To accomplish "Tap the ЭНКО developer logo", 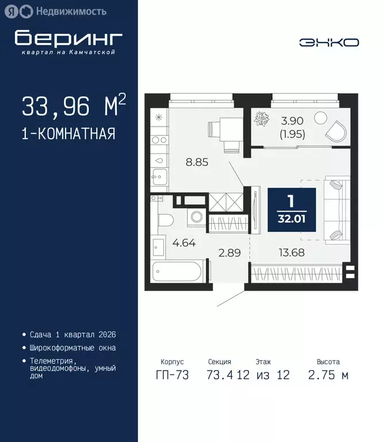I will click(328, 42).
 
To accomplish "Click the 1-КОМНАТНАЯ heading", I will click(68, 134).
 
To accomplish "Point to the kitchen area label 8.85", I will click(196, 162).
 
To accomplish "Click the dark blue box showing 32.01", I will click(291, 210).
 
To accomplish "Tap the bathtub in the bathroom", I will click(178, 271).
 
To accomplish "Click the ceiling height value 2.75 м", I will click(328, 375).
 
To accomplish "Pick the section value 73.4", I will click(220, 375).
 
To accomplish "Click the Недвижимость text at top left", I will click(71, 10).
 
